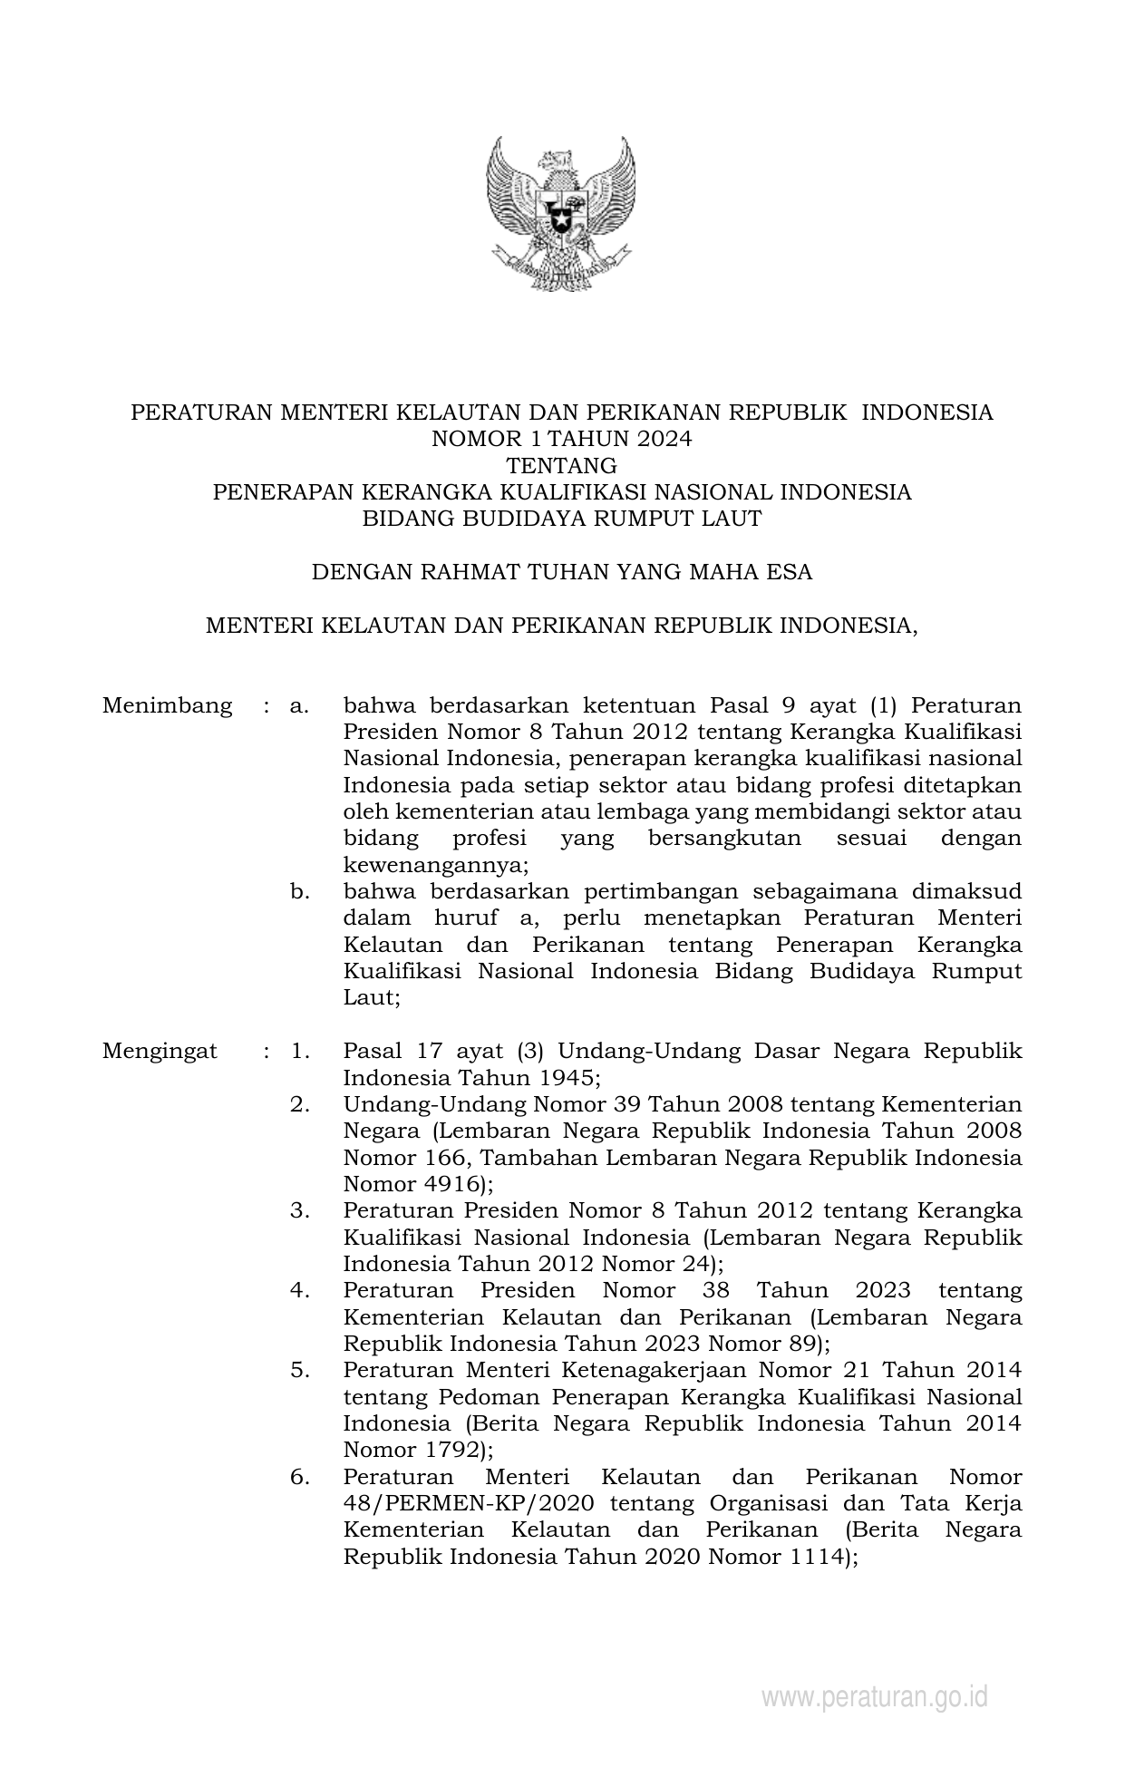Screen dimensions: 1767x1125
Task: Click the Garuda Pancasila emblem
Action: click(561, 214)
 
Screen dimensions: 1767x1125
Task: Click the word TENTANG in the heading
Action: click(562, 466)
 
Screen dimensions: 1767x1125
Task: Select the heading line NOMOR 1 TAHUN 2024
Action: click(562, 440)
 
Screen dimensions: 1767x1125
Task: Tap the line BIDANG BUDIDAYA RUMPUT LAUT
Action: click(562, 519)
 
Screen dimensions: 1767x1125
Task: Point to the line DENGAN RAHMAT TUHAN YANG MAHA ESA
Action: click(562, 572)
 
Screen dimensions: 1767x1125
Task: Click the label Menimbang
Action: click(168, 705)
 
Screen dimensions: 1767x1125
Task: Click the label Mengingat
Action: click(160, 1051)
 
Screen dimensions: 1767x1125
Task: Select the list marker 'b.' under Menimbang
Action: click(300, 891)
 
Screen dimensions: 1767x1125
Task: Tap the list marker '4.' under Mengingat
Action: click(300, 1289)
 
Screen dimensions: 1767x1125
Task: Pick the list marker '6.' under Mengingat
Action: click(300, 1476)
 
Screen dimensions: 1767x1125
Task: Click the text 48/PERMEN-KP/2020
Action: click(469, 1502)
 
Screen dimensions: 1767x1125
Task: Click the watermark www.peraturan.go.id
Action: click(874, 1697)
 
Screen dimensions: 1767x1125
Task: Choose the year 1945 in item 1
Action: click(561, 1078)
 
